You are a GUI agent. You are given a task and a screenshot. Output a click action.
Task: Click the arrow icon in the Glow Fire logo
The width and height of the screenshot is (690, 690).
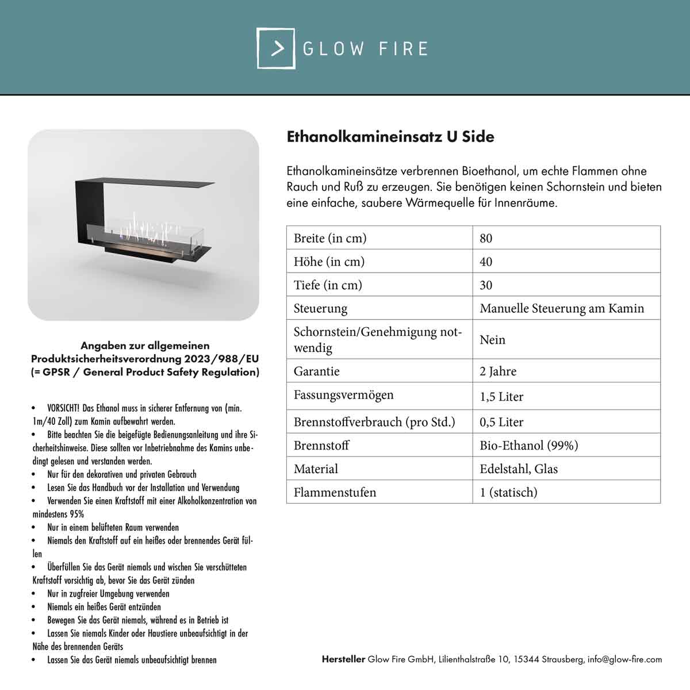277,48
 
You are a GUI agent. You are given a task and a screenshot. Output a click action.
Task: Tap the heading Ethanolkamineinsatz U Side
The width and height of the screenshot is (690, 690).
390,137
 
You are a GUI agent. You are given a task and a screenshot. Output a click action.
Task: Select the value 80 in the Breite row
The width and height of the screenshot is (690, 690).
486,238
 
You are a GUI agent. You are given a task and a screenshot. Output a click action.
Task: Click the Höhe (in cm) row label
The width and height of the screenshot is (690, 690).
329,262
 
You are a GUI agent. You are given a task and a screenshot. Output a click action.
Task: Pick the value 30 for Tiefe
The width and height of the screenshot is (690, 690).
486,285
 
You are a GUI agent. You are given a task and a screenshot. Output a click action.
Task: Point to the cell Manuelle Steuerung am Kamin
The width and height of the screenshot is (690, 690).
561,308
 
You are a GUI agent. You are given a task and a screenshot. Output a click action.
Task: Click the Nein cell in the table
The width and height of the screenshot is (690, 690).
492,340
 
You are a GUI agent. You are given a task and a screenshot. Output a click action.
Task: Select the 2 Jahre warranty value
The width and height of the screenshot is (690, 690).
498,371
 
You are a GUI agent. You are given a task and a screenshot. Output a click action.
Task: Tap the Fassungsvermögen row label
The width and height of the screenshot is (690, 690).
343,395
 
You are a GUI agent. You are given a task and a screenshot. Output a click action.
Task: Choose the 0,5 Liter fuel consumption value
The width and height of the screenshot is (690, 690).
501,422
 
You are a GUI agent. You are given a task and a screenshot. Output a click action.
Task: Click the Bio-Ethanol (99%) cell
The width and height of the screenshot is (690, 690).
528,446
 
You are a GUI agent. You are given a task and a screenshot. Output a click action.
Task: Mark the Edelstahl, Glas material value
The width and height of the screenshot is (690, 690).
519,469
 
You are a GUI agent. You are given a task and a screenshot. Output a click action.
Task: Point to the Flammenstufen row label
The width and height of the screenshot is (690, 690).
335,493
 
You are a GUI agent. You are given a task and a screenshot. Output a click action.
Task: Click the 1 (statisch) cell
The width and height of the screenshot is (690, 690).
508,493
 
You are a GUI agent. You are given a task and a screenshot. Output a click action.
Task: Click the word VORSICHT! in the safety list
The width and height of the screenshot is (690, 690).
63,408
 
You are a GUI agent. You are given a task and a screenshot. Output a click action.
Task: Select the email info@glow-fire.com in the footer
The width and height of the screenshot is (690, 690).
624,660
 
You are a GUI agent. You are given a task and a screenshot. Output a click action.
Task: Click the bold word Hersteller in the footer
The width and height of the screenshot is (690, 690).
343,660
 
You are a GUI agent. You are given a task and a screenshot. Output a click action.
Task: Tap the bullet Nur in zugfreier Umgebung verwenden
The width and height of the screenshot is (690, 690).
108,593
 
